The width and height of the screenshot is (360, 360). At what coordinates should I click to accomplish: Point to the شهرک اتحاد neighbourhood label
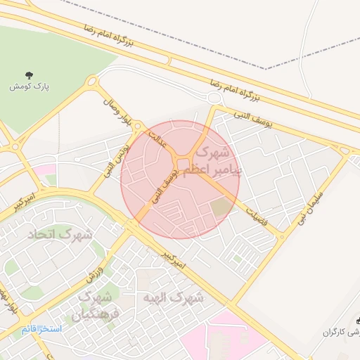(60, 233)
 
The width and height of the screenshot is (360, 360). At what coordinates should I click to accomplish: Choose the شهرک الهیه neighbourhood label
(172, 298)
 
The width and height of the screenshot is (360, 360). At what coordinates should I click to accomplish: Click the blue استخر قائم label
(41, 329)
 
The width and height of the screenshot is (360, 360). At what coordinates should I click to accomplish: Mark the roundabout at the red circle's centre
(183, 165)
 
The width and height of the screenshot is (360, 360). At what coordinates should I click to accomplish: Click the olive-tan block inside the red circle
(221, 207)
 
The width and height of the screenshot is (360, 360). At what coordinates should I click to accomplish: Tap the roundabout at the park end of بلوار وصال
(91, 82)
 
